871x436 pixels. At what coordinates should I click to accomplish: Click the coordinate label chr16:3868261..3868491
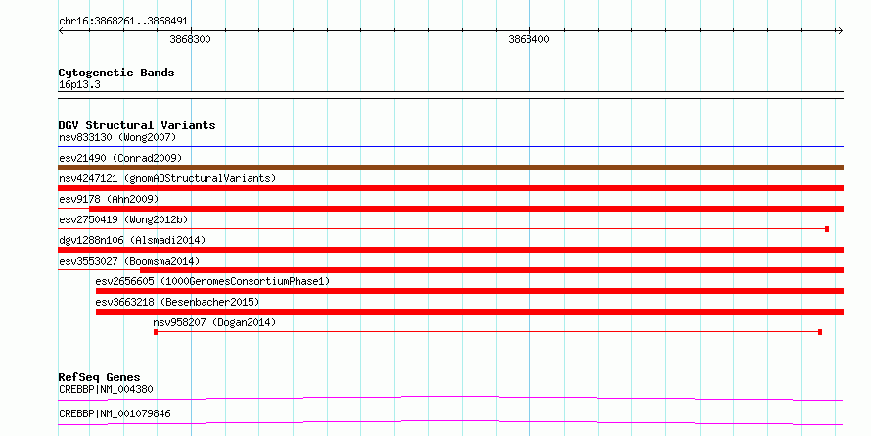pyautogui.click(x=123, y=22)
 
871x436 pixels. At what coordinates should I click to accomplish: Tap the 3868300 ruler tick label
pyautogui.click(x=190, y=39)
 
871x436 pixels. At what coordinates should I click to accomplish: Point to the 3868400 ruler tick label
pyautogui.click(x=528, y=39)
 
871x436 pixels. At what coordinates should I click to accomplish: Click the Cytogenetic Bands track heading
pyautogui.click(x=116, y=73)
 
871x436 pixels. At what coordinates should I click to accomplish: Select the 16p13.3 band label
pyautogui.click(x=79, y=85)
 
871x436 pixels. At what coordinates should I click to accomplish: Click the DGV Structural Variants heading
pyautogui.click(x=137, y=125)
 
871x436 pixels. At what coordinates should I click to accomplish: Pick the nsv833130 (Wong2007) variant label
pyautogui.click(x=117, y=137)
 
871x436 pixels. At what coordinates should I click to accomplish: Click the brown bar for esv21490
pyautogui.click(x=450, y=168)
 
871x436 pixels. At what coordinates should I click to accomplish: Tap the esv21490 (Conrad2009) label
pyautogui.click(x=120, y=158)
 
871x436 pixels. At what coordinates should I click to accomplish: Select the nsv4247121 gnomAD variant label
pyautogui.click(x=167, y=178)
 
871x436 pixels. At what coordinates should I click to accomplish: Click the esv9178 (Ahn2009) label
pyautogui.click(x=109, y=199)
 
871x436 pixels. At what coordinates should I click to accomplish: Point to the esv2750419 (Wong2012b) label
pyautogui.click(x=123, y=219)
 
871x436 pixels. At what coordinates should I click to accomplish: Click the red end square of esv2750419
pyautogui.click(x=827, y=229)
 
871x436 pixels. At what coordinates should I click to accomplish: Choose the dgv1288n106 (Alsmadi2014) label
pyautogui.click(x=132, y=240)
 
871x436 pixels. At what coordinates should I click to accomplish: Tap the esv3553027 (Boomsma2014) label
pyautogui.click(x=129, y=261)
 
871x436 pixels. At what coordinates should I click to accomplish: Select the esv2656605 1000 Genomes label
pyautogui.click(x=212, y=281)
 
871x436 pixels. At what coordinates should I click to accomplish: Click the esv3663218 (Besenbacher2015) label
pyautogui.click(x=178, y=302)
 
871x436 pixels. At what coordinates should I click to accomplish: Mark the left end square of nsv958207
pyautogui.click(x=156, y=332)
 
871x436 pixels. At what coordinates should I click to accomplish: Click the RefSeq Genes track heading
pyautogui.click(x=100, y=377)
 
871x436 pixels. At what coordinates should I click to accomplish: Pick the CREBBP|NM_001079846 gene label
pyautogui.click(x=115, y=413)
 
